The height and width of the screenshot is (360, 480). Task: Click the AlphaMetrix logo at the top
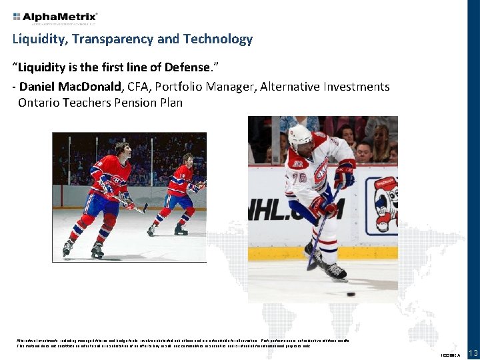coord(55,16)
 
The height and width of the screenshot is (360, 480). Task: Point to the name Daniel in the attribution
coord(39,87)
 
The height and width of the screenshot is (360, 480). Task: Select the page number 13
coord(473,353)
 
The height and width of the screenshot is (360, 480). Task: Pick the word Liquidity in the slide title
coord(37,39)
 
